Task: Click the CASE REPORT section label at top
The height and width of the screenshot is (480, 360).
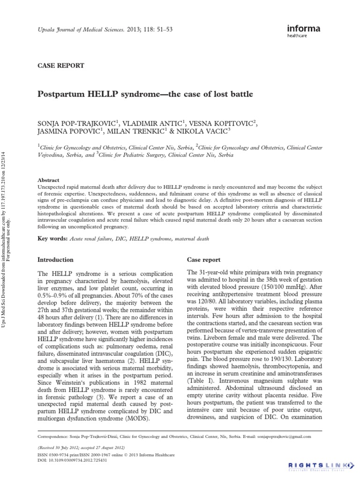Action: pos(60,66)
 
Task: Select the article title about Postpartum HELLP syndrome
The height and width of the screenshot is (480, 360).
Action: pos(145,94)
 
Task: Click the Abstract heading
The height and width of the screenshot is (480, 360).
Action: pos(48,180)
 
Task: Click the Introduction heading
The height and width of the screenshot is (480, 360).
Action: pos(55,259)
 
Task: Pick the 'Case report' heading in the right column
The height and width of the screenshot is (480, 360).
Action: pos(204,259)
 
